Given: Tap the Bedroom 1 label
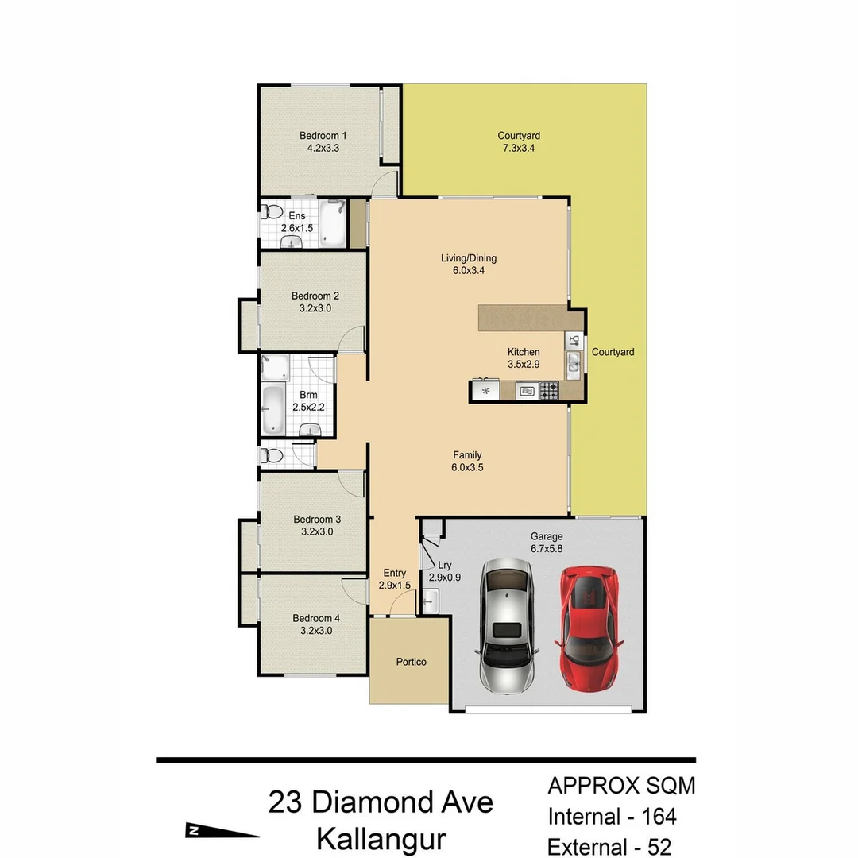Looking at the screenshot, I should click(323, 135).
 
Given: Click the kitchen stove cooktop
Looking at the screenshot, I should click(549, 390).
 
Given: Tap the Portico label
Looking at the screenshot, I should click(411, 662).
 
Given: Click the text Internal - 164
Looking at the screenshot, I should click(612, 816).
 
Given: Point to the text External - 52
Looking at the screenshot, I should click(609, 847).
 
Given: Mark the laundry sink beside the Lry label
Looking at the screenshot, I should click(429, 606).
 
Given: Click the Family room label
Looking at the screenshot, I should click(467, 455).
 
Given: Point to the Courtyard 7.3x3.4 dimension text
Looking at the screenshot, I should click(519, 148).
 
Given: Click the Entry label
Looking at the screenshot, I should click(394, 573).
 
